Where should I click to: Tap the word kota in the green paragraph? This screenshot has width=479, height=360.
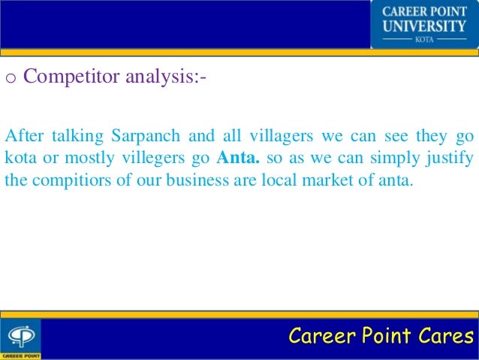click(19, 159)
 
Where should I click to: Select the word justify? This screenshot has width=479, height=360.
click(447, 159)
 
